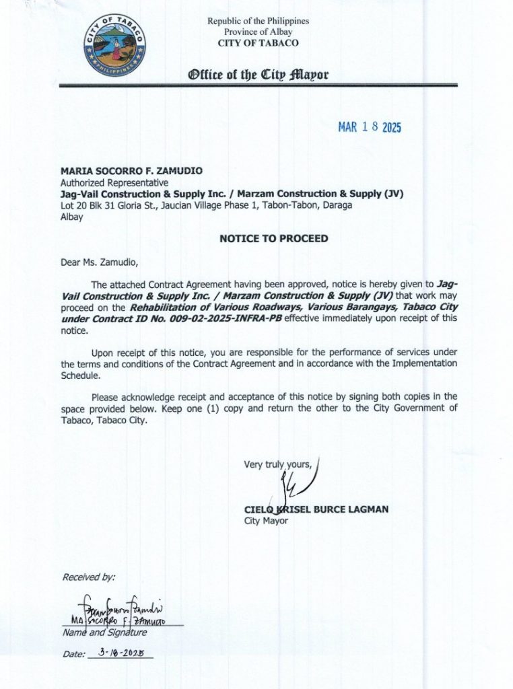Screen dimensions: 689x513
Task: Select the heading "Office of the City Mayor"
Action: (x=259, y=74)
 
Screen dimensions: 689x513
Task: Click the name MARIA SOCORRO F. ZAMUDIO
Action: (x=131, y=172)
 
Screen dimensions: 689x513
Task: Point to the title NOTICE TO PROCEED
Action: (x=273, y=238)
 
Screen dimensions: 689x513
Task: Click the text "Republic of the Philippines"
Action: (x=258, y=22)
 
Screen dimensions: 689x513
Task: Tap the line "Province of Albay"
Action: (x=258, y=32)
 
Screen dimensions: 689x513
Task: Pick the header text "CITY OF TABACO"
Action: (x=258, y=43)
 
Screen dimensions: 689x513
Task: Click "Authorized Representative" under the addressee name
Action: (x=114, y=182)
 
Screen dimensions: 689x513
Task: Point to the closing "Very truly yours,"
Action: (x=278, y=464)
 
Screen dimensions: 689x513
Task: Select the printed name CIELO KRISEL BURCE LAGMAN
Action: (x=316, y=509)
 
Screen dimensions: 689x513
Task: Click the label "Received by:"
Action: (x=88, y=577)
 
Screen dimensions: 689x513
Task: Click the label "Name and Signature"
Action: (x=104, y=632)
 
